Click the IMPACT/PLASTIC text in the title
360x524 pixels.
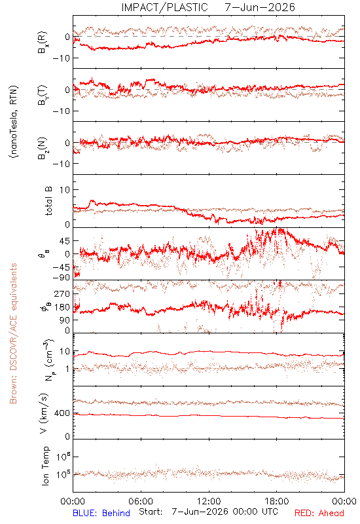(x=164, y=7)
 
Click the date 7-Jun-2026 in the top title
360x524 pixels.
(x=260, y=7)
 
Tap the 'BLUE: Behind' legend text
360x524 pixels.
(x=101, y=513)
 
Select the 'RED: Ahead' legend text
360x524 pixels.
(x=319, y=513)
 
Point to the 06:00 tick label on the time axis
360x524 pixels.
(x=141, y=501)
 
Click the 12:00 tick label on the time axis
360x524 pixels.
(x=209, y=501)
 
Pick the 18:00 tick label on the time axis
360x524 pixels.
(x=277, y=501)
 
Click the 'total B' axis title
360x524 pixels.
(x=48, y=201)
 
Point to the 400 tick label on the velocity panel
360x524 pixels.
(x=62, y=413)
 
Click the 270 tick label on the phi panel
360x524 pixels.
(x=62, y=293)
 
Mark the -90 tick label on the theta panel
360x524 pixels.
(x=61, y=278)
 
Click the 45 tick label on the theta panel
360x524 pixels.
(x=65, y=241)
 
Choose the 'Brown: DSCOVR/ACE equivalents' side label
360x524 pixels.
(x=13, y=333)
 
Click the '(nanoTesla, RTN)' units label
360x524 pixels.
(x=14, y=122)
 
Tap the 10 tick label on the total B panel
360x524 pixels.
(x=65, y=190)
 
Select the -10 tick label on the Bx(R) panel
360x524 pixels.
(x=61, y=58)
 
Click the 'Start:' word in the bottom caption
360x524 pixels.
(x=151, y=512)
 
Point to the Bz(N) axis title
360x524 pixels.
(x=43, y=148)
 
